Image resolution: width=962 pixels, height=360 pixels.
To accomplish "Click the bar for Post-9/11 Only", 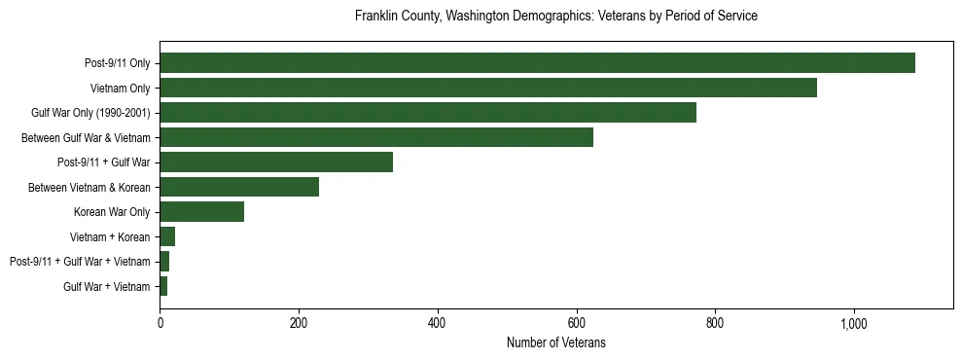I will pos(537,63).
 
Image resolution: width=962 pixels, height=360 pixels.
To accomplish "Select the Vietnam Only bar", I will pos(487,88).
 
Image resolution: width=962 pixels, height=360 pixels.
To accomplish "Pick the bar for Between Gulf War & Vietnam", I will pos(375,137).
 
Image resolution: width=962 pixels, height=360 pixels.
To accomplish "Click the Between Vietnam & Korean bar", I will pos(239,187).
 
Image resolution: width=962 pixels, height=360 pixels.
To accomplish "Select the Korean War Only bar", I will pos(201,212).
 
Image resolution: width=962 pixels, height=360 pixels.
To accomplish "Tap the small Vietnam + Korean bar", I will pos(167,236).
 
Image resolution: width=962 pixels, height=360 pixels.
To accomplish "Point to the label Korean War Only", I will pos(112,212).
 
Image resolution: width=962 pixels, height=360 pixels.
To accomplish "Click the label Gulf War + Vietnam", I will pos(107,286).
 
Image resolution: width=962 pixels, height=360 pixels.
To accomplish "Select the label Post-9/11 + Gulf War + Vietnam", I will pos(80,262).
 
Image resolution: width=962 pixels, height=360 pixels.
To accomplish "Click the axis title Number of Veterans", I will pos(555,343).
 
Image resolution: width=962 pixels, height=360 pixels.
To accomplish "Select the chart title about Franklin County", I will pos(555,17).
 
